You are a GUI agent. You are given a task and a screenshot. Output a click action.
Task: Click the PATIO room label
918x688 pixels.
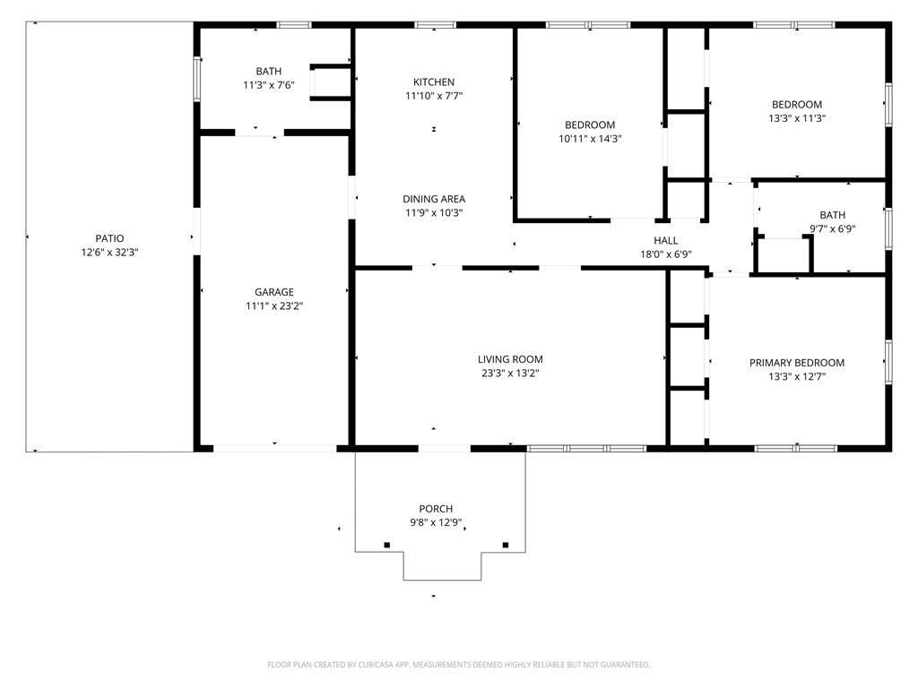click(x=109, y=238)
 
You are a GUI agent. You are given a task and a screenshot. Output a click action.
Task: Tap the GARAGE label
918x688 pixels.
click(x=274, y=292)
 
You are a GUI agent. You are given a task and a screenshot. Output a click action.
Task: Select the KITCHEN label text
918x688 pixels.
click(x=434, y=82)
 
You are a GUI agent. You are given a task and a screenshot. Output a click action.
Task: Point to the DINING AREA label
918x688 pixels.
click(x=434, y=199)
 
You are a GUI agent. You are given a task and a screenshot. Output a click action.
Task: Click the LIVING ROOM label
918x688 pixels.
click(x=510, y=359)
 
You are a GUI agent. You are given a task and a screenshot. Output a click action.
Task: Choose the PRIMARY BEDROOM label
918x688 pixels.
click(x=797, y=363)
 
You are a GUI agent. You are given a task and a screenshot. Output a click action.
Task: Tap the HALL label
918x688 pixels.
click(x=666, y=240)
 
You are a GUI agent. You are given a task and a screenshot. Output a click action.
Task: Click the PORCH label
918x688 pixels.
click(x=436, y=509)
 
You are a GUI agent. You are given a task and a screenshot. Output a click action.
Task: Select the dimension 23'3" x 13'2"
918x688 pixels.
click(x=510, y=374)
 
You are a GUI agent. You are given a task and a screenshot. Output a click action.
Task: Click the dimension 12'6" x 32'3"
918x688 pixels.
click(x=109, y=252)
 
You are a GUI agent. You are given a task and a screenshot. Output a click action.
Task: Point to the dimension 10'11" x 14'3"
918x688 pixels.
click(x=590, y=139)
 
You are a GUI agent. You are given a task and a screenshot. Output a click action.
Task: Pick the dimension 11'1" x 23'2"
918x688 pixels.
click(x=274, y=306)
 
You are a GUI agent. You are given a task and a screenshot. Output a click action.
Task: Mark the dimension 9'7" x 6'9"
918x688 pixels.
click(x=833, y=228)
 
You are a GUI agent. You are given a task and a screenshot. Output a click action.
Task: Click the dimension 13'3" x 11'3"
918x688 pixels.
click(x=797, y=118)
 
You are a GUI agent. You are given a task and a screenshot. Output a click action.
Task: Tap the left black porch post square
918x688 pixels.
click(x=387, y=546)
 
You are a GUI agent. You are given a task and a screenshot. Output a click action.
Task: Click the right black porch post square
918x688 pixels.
click(x=506, y=546)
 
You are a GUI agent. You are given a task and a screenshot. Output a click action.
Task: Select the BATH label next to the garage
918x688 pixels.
click(x=269, y=72)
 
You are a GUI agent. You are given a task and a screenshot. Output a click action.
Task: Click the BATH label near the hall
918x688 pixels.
click(x=833, y=215)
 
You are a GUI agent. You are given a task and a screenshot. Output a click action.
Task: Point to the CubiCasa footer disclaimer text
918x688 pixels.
click(x=459, y=665)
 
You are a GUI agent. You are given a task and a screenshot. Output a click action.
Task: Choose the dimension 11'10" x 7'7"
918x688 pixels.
click(x=434, y=96)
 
